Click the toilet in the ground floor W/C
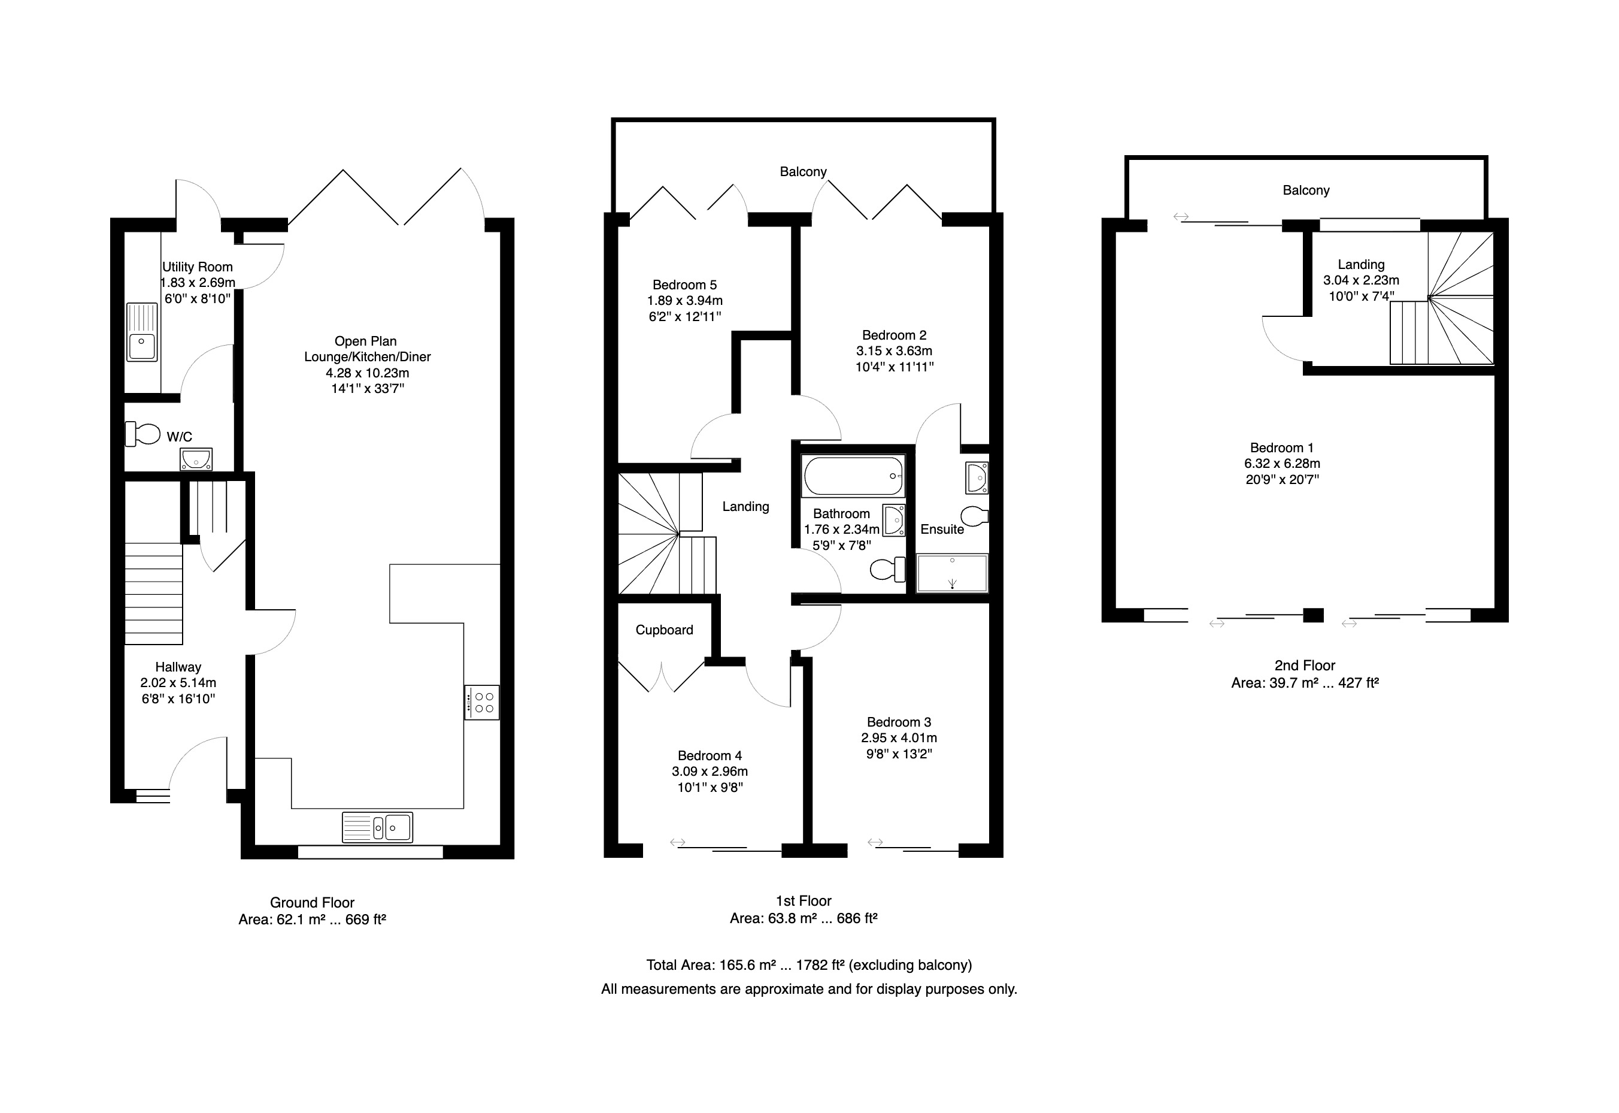click(x=143, y=434)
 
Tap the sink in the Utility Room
click(x=142, y=331)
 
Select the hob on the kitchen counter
click(x=481, y=702)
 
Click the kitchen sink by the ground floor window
click(x=377, y=827)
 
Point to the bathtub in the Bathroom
click(x=853, y=476)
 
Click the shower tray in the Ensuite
click(x=952, y=573)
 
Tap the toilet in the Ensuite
click(x=974, y=516)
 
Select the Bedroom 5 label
click(x=684, y=285)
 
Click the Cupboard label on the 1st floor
click(x=664, y=630)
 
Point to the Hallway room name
click(x=178, y=667)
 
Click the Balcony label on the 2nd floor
click(x=1306, y=190)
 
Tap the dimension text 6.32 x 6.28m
click(x=1283, y=464)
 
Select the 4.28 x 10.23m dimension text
click(x=367, y=373)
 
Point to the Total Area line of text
click(x=809, y=965)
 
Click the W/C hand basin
click(x=196, y=459)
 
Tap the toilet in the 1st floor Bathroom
click(x=888, y=570)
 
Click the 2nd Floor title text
click(x=1305, y=666)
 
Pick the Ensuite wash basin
click(x=977, y=477)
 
